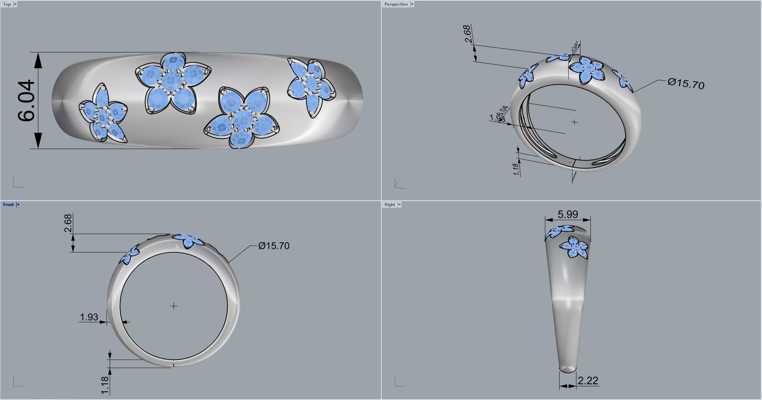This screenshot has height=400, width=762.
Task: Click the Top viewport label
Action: tap(7, 4)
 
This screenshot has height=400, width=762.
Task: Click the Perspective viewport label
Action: tap(396, 4)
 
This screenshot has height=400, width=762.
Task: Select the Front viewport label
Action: tap(8, 205)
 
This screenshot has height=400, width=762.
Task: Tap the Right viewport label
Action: tap(389, 205)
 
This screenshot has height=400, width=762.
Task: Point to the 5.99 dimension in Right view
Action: tap(567, 214)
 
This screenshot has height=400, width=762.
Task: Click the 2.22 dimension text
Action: tap(588, 380)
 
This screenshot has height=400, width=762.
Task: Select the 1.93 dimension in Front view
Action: tap(89, 317)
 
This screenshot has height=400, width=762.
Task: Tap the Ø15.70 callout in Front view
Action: tap(274, 246)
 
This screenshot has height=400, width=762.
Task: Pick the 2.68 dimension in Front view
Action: tap(68, 223)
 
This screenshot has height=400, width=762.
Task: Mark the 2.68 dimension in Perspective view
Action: tap(468, 34)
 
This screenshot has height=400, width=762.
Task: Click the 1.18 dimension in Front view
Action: tap(105, 385)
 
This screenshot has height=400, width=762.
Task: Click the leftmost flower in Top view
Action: tap(103, 113)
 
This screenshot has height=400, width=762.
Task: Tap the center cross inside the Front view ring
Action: tap(174, 306)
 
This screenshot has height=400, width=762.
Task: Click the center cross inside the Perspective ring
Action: tap(575, 122)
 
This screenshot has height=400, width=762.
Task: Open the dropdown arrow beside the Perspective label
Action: tap(412, 4)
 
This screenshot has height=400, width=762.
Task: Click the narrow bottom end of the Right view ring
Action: tap(568, 369)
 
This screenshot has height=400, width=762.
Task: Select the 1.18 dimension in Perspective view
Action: tap(516, 169)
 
